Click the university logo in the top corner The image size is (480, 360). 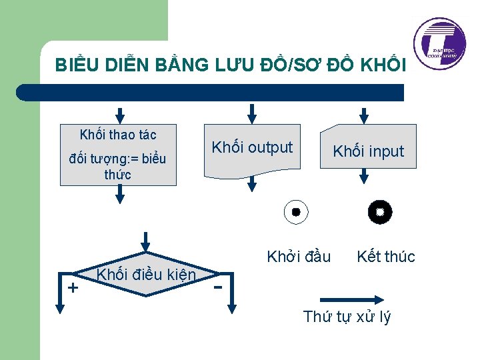point(439,41)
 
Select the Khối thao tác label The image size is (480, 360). point(118,135)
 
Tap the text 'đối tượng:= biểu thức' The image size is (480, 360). point(118,167)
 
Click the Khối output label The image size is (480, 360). point(252,147)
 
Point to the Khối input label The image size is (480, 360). point(369,151)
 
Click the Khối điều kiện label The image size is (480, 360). point(146,275)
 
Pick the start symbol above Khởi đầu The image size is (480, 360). point(295,213)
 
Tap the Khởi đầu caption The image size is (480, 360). point(299,257)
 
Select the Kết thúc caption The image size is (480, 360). point(385,257)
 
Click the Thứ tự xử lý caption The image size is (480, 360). point(347,317)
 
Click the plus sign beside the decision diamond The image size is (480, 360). point(73,287)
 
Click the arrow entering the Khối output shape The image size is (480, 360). point(251,113)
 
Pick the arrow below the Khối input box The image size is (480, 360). point(364,175)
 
